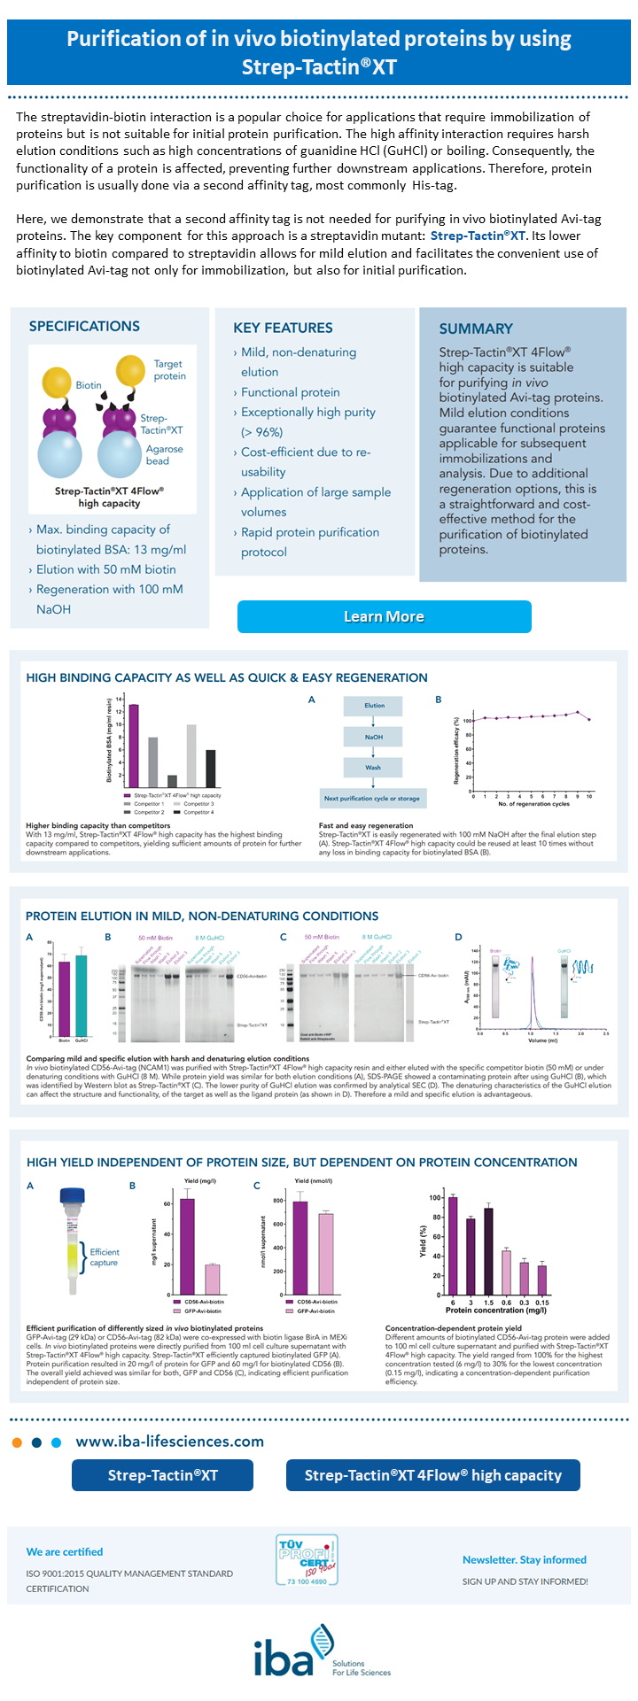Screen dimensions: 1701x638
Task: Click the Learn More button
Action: pos(384,616)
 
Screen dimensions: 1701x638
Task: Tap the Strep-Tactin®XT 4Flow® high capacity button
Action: pos(433,1474)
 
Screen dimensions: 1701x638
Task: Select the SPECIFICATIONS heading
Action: pos(84,326)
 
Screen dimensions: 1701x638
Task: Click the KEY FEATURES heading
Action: pos(283,328)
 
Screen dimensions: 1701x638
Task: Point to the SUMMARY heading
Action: pos(476,329)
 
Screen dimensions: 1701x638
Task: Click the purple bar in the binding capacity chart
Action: pos(134,746)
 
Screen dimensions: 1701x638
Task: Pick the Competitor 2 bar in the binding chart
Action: pos(172,781)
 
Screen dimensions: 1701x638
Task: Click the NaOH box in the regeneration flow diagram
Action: pos(373,737)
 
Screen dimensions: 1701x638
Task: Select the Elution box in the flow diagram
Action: pos(374,706)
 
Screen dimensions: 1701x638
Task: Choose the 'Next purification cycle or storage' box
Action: pos(372,798)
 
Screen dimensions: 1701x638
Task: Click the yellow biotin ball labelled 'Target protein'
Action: pos(130,369)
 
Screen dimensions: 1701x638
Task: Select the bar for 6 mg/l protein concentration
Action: pos(453,1246)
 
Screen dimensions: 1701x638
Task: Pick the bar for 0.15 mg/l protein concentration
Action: pos(542,1280)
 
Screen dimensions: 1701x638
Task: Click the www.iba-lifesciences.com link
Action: pos(170,1442)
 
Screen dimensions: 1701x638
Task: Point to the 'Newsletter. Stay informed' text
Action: pos(524,1559)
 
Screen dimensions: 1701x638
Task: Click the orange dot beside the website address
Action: pos(17,1442)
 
